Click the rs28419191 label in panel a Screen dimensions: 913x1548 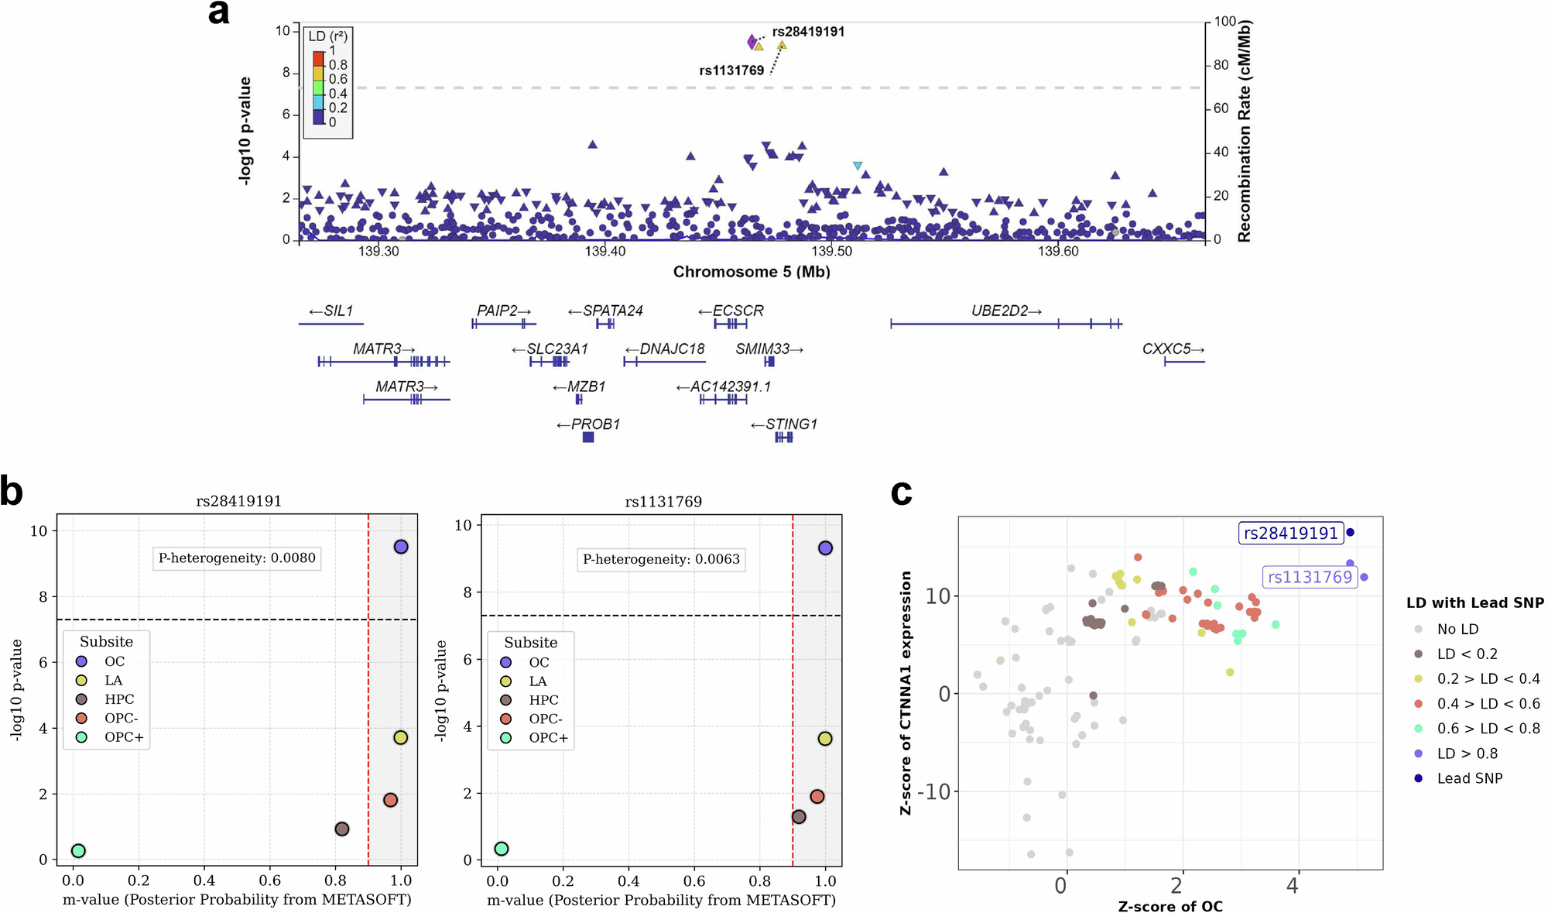tap(808, 32)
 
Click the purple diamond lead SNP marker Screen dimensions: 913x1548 tap(752, 41)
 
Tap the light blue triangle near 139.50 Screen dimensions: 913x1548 tap(858, 166)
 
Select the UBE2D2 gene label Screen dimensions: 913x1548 tap(1005, 311)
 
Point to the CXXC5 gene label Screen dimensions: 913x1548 tap(1173, 349)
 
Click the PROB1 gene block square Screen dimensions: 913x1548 tap(588, 438)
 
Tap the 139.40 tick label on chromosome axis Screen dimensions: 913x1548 tap(605, 252)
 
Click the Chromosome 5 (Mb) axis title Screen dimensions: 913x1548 tap(752, 272)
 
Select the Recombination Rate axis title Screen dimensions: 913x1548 tap(1244, 132)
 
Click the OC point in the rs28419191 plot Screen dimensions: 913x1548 tap(400, 547)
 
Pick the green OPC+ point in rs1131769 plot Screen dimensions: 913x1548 tap(502, 849)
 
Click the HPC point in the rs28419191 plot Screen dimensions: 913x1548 tap(341, 829)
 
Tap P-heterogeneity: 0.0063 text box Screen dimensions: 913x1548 tap(661, 559)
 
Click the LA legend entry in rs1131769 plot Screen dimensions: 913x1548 tap(537, 681)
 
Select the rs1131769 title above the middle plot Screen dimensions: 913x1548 tap(663, 502)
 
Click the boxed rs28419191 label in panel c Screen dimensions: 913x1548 tap(1290, 534)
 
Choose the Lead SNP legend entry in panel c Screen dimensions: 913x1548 tap(1469, 778)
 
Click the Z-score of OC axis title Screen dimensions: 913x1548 tap(1170, 906)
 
